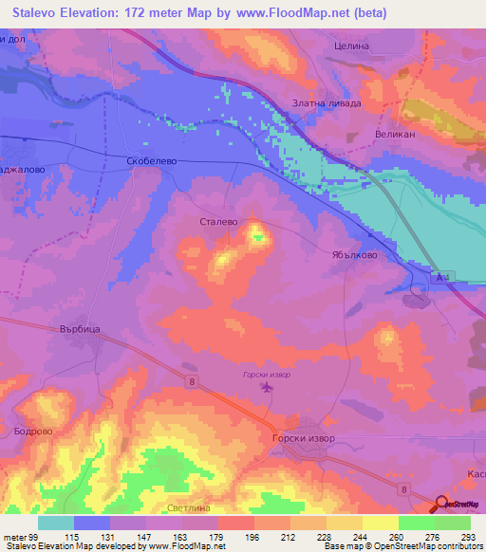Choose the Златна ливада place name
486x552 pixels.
326,103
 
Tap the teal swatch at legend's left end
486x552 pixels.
56,523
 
